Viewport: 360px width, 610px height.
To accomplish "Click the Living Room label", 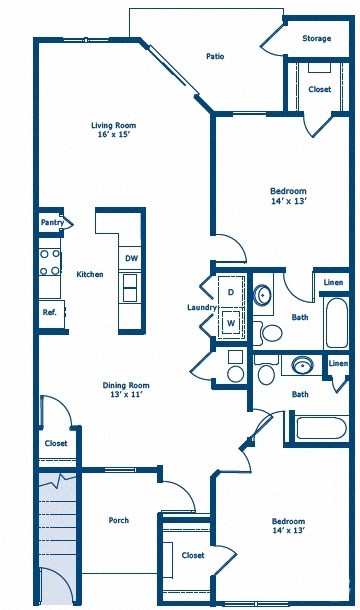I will pos(113,125).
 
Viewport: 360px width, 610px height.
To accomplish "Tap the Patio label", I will pos(214,57).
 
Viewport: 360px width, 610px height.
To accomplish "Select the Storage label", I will pos(317,39).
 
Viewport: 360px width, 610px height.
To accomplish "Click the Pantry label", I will pos(52,222).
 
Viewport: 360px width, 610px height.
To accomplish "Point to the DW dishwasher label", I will pos(131,258).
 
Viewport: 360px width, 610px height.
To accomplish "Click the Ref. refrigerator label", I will pos(49,312).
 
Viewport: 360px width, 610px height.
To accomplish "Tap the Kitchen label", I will pos(90,274).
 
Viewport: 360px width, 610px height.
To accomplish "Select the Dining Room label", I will pos(126,385).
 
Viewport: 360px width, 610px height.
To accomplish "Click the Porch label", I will pos(119,520).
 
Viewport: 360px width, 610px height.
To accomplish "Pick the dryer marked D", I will pos(230,291).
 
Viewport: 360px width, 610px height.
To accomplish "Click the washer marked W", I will pos(230,323).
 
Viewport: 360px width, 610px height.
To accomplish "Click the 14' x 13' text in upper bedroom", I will pos(288,202).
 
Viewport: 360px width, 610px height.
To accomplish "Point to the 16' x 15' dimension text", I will pos(113,137).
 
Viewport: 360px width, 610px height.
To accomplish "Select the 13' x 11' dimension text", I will pos(126,397).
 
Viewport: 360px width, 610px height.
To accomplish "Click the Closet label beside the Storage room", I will pos(319,90).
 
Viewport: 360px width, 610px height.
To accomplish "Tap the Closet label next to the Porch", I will pos(56,443).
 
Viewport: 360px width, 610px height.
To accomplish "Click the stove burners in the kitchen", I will pos(49,262).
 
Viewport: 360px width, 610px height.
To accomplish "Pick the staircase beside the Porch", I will pos(56,530).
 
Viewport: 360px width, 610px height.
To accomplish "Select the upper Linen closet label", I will pos(333,283).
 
